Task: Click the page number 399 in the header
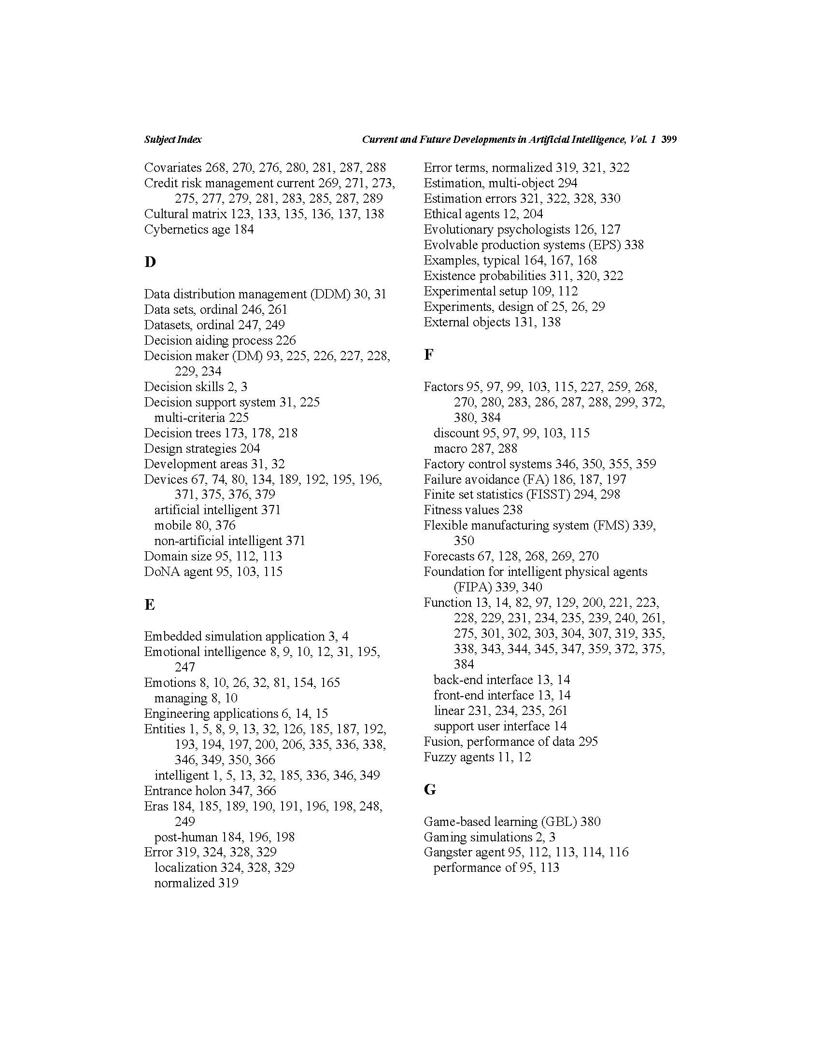click(x=669, y=140)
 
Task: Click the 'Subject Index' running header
click(x=173, y=140)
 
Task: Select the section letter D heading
click(x=150, y=262)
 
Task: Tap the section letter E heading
click(x=149, y=604)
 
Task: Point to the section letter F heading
click(x=428, y=354)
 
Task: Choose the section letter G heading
click(x=429, y=789)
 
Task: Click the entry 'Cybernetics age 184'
click(x=198, y=229)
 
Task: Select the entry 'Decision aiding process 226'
click(x=220, y=340)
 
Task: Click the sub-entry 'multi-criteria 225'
click(x=201, y=418)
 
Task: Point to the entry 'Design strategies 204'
click(x=202, y=448)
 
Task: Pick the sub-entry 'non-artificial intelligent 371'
click(x=229, y=541)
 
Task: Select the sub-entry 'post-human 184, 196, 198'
click(x=224, y=837)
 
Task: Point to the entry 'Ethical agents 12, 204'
click(x=483, y=214)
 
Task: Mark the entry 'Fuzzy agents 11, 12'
click(x=477, y=757)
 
